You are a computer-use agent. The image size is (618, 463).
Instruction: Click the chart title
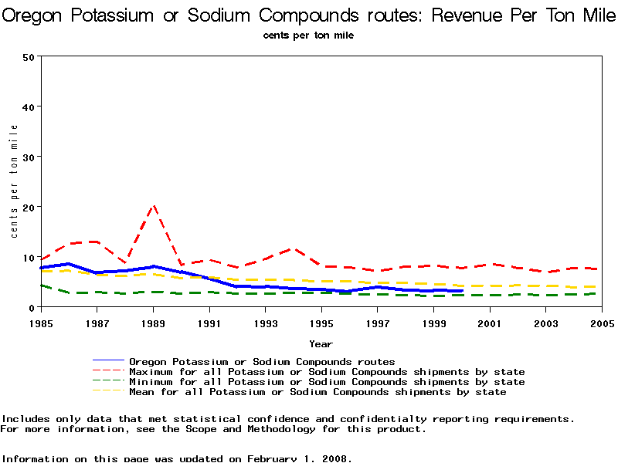309,15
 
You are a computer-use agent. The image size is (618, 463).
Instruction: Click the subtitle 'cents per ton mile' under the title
308,35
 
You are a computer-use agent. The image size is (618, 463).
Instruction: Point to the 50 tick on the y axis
29,56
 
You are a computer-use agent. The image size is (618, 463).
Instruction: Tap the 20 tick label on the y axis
29,207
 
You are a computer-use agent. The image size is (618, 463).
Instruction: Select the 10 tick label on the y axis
29,257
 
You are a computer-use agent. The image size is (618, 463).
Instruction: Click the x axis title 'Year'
321,343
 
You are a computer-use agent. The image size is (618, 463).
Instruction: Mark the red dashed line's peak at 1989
153,206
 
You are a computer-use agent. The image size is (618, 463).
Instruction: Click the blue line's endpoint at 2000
461,291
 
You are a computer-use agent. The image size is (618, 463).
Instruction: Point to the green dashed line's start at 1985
40,286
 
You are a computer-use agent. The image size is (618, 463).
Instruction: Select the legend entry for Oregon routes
262,361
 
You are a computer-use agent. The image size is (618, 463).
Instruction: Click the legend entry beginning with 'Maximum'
327,371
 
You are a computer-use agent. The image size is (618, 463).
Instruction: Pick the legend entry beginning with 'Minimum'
327,381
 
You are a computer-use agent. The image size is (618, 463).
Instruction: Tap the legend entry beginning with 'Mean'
317,391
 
